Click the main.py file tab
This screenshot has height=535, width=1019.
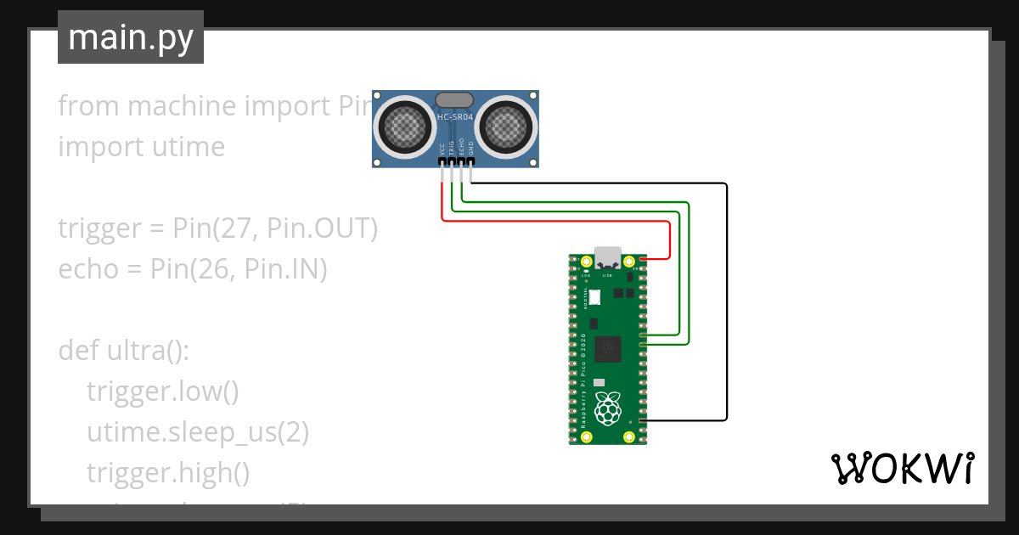click(x=130, y=37)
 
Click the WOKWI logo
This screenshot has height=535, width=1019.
click(x=901, y=468)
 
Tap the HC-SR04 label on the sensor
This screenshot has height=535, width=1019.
click(x=454, y=116)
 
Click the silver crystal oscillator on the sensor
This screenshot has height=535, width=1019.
click(x=454, y=100)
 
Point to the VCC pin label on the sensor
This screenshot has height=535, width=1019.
click(x=442, y=149)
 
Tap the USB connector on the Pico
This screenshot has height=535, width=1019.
click(x=607, y=256)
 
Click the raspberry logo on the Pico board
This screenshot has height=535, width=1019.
click(x=606, y=409)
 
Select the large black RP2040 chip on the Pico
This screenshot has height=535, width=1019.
click(x=608, y=349)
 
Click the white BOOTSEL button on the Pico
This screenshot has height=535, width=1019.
click(x=594, y=297)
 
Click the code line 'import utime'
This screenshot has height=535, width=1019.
click(x=141, y=146)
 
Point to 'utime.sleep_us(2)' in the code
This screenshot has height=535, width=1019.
click(x=197, y=431)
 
